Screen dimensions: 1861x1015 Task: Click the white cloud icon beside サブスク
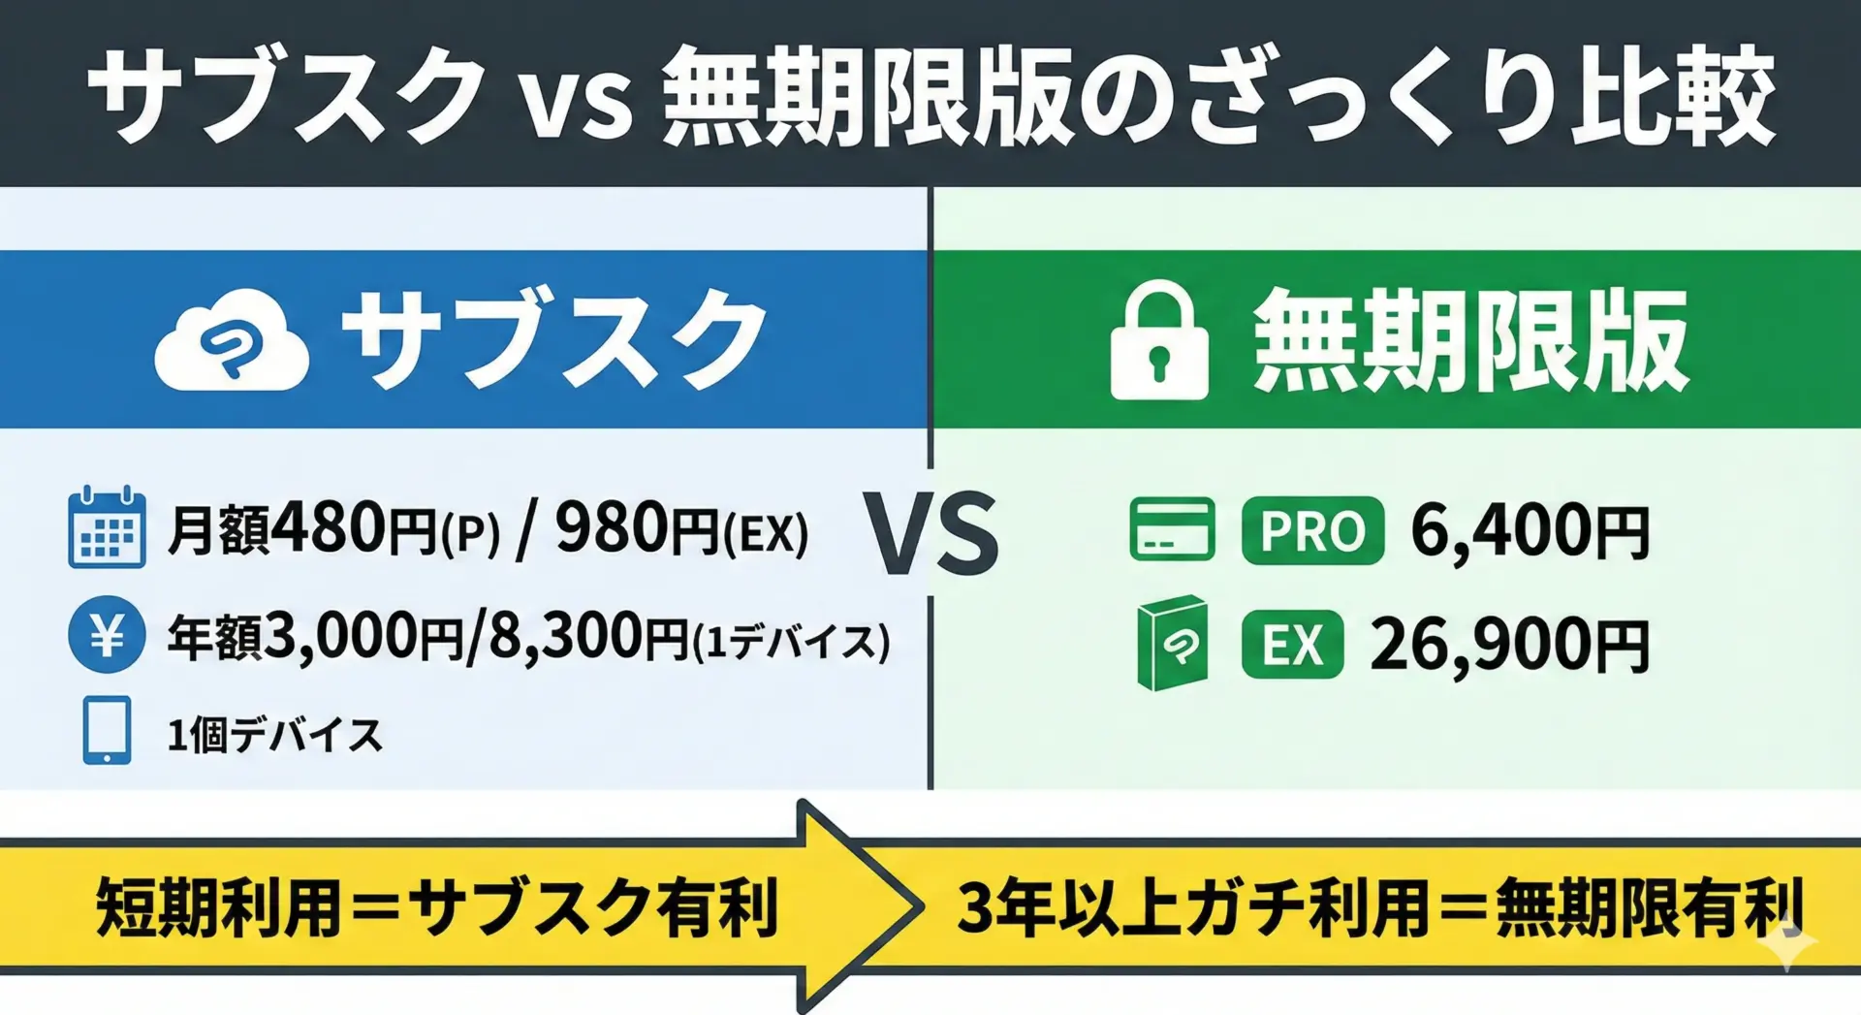(x=232, y=340)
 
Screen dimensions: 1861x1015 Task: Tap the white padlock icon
(x=1159, y=340)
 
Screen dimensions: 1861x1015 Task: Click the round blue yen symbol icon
(x=107, y=635)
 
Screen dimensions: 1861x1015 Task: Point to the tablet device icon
(x=107, y=730)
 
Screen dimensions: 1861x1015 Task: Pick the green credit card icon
(x=1172, y=529)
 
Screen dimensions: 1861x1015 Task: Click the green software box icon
(x=1172, y=644)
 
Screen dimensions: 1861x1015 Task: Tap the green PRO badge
(x=1312, y=530)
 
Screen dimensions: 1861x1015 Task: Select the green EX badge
(x=1292, y=645)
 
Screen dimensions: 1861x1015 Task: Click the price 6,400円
(x=1530, y=531)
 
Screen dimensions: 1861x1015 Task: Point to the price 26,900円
(x=1509, y=646)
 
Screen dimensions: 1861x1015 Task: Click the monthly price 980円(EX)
(x=681, y=530)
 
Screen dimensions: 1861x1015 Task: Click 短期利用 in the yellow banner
(x=219, y=907)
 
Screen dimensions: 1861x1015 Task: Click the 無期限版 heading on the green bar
(x=1471, y=340)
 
